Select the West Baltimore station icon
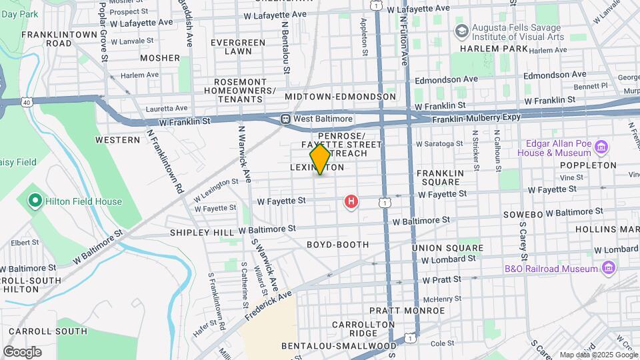click(x=285, y=119)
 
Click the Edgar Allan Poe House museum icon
click(x=601, y=147)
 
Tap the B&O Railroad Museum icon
click(x=607, y=268)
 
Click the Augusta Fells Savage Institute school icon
click(x=461, y=31)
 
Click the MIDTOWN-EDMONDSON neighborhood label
click(x=340, y=97)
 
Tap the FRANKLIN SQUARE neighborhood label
click(x=439, y=177)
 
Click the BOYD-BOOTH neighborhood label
click(x=337, y=245)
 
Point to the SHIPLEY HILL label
click(x=202, y=232)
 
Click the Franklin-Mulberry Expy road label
click(x=476, y=119)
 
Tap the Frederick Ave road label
click(x=267, y=304)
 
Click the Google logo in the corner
click(x=22, y=351)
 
